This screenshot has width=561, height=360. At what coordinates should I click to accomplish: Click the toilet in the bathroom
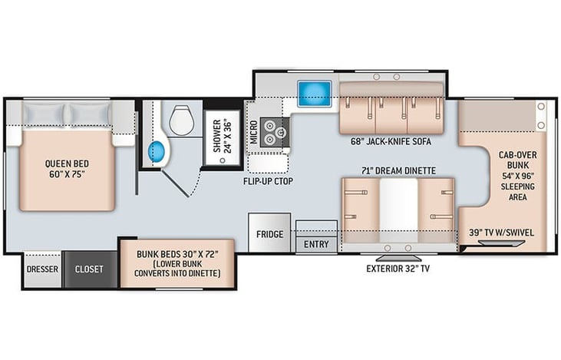tap(181, 121)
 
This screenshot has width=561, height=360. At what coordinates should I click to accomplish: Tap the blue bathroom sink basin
tap(157, 152)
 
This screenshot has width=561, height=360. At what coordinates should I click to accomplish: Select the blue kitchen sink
tap(315, 94)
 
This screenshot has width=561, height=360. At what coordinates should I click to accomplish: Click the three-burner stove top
tap(275, 132)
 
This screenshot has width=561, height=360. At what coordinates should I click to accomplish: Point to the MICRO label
tap(254, 132)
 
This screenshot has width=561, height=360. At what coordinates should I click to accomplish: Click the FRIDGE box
tap(269, 233)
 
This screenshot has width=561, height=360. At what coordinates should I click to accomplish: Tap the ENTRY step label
tap(316, 244)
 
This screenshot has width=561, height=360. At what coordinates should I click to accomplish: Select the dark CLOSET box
tap(90, 269)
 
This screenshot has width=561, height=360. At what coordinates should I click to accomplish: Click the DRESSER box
tap(42, 269)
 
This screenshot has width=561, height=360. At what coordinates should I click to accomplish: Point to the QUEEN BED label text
tap(67, 164)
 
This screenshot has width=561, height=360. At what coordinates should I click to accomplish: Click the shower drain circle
tap(223, 160)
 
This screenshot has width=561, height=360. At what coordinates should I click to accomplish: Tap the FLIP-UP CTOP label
tap(268, 181)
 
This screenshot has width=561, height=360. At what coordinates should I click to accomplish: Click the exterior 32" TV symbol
tap(398, 258)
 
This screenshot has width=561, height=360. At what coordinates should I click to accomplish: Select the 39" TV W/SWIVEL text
tap(501, 233)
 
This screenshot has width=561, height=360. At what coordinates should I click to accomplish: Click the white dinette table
tap(398, 210)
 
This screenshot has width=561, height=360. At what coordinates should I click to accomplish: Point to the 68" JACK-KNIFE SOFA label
tap(391, 142)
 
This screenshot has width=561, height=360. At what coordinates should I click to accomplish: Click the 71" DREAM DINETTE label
tap(398, 171)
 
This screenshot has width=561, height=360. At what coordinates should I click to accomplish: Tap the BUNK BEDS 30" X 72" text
tap(177, 254)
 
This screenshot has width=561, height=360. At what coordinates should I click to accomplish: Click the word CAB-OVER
tap(518, 155)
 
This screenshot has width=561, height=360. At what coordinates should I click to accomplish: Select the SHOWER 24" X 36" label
tap(223, 137)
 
